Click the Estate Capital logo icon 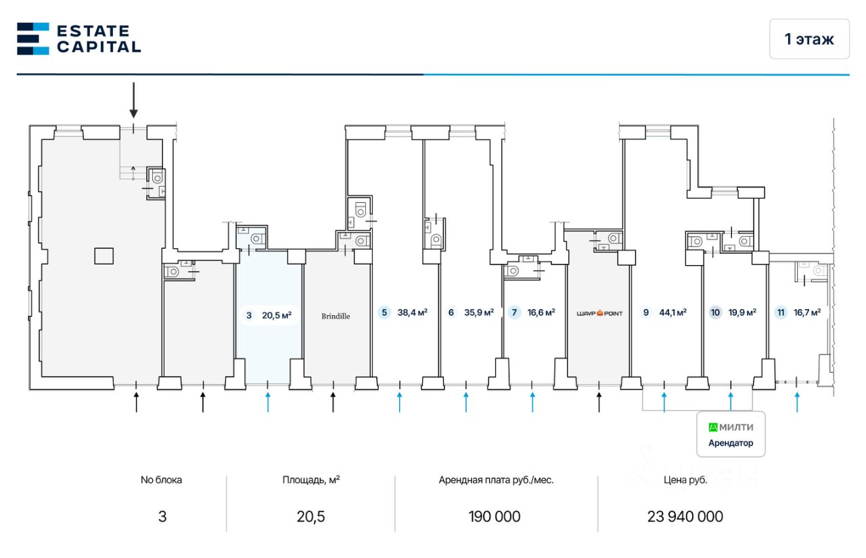(x=32, y=39)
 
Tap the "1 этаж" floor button (x=809, y=39)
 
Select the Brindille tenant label (x=336, y=316)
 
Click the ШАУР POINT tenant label (x=599, y=313)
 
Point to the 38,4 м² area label (x=413, y=312)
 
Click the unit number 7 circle (x=514, y=312)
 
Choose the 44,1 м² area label (x=673, y=312)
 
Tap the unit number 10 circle (x=715, y=312)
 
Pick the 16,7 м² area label (x=807, y=312)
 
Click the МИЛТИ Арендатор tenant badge (x=731, y=435)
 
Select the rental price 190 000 (x=495, y=517)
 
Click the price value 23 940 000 (x=685, y=517)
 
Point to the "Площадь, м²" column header (x=311, y=480)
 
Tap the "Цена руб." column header (x=685, y=480)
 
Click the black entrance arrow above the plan (x=134, y=100)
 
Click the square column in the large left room (x=104, y=256)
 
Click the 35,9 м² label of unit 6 (x=479, y=312)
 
